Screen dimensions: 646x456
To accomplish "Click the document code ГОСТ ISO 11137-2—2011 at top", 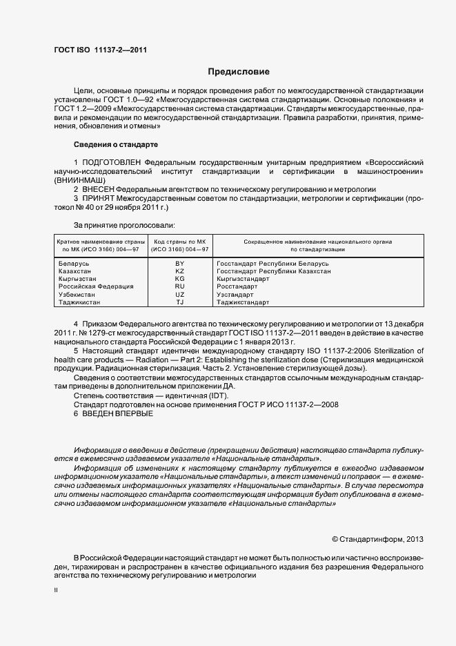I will (x=100, y=50).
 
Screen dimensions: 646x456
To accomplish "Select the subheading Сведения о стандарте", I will (x=115, y=144).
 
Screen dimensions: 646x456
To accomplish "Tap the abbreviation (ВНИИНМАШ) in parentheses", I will (x=81, y=179).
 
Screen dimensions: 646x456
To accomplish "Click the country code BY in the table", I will (x=179, y=264).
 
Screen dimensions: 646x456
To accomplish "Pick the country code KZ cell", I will (x=179, y=271).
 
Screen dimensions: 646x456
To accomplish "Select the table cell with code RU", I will (x=179, y=286).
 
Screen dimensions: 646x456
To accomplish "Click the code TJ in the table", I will (x=179, y=302).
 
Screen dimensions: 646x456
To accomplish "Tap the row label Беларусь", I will (x=72, y=264).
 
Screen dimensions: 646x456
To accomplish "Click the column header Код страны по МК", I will (x=179, y=242).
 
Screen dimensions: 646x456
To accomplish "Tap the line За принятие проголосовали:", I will (x=124, y=225).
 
